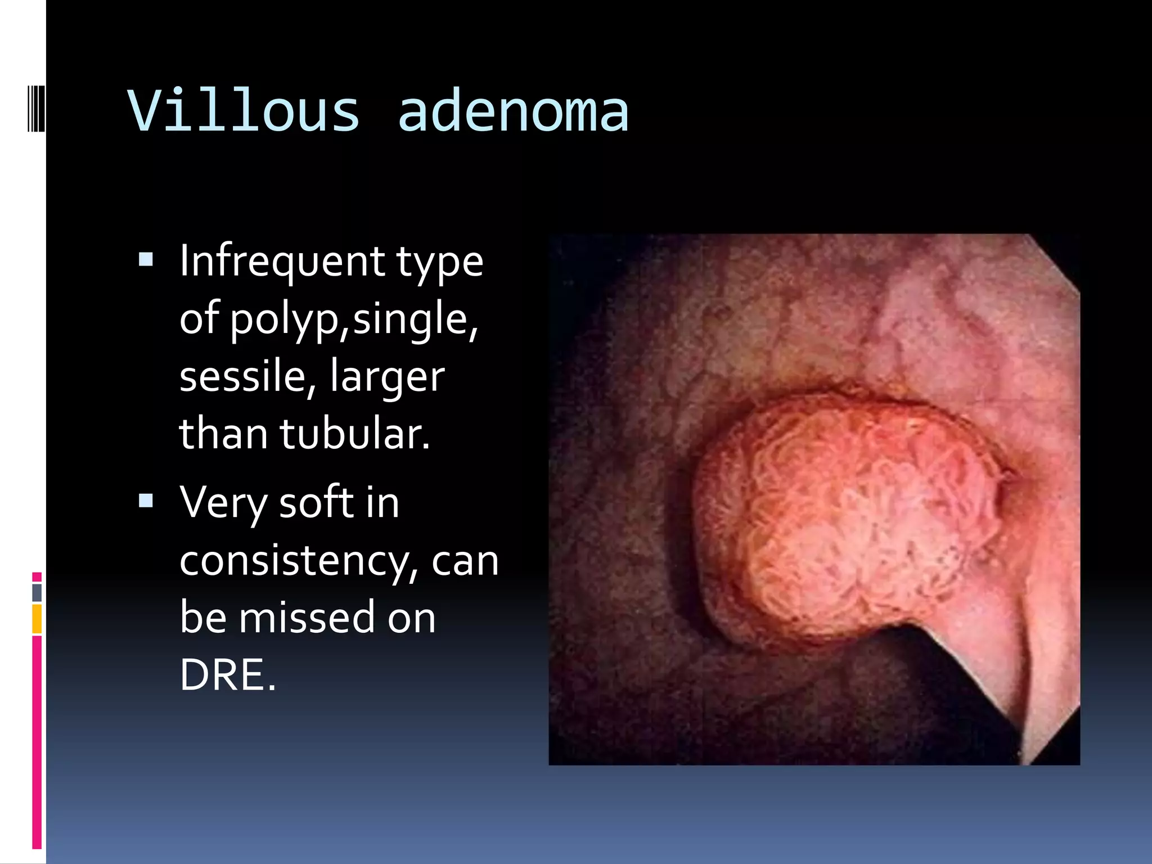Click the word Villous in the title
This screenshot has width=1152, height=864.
[243, 111]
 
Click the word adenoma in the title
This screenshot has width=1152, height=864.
[512, 112]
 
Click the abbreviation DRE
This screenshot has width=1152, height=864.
[227, 675]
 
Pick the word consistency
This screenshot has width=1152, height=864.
[298, 561]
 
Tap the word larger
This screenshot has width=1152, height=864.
[388, 377]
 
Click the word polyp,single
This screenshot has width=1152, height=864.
[354, 318]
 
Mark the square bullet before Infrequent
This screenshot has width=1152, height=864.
[146, 259]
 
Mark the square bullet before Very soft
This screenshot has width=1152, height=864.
[146, 501]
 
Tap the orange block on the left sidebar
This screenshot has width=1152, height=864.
[37, 619]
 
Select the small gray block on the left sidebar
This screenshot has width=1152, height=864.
[37, 592]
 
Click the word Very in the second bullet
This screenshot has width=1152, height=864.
[224, 502]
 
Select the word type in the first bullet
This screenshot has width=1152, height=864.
[439, 262]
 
